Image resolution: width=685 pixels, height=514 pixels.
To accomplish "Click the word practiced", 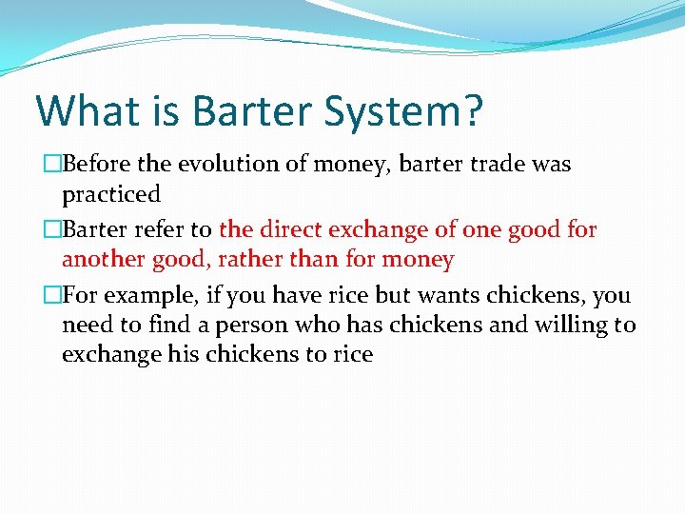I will [111, 194].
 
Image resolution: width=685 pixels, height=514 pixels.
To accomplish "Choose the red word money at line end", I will [421, 259].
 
